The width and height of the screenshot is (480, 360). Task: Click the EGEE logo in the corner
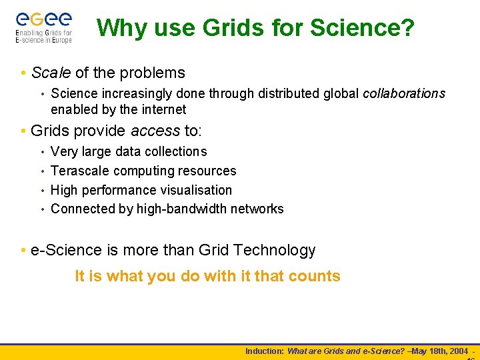point(43,27)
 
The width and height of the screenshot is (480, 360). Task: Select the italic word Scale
point(51,73)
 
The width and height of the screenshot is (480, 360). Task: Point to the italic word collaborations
point(403,93)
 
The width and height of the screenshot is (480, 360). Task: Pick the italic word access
point(155,130)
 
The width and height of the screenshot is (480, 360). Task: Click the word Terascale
point(79,171)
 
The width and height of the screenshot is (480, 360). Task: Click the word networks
point(257,209)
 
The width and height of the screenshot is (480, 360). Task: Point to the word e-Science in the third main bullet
point(67,251)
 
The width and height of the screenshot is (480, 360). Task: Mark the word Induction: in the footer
point(265,351)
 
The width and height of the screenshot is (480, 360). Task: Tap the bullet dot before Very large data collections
point(43,152)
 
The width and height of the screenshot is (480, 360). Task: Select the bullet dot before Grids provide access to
point(23,131)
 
